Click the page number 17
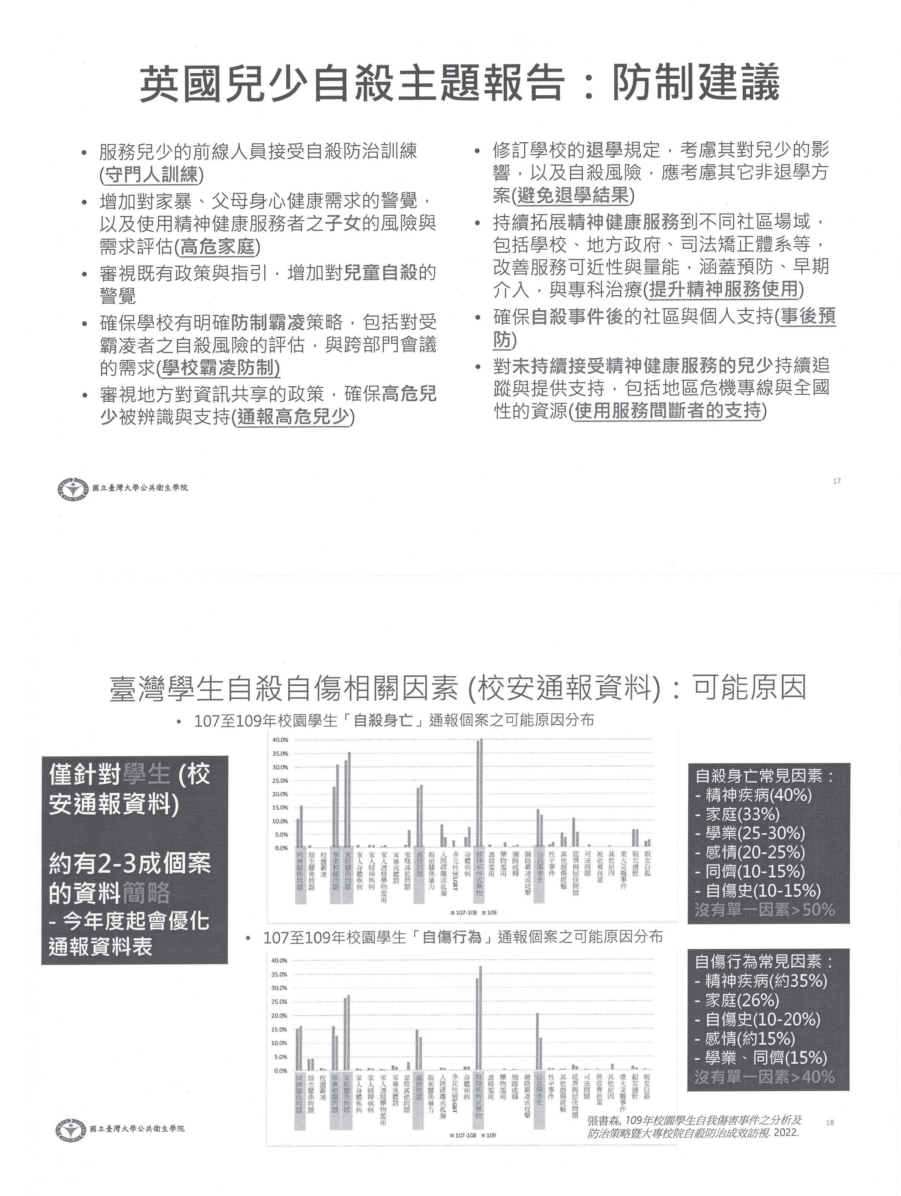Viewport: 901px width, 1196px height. (837, 481)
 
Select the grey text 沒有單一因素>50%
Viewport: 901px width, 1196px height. (765, 910)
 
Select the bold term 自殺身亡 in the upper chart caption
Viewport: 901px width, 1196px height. (383, 720)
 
